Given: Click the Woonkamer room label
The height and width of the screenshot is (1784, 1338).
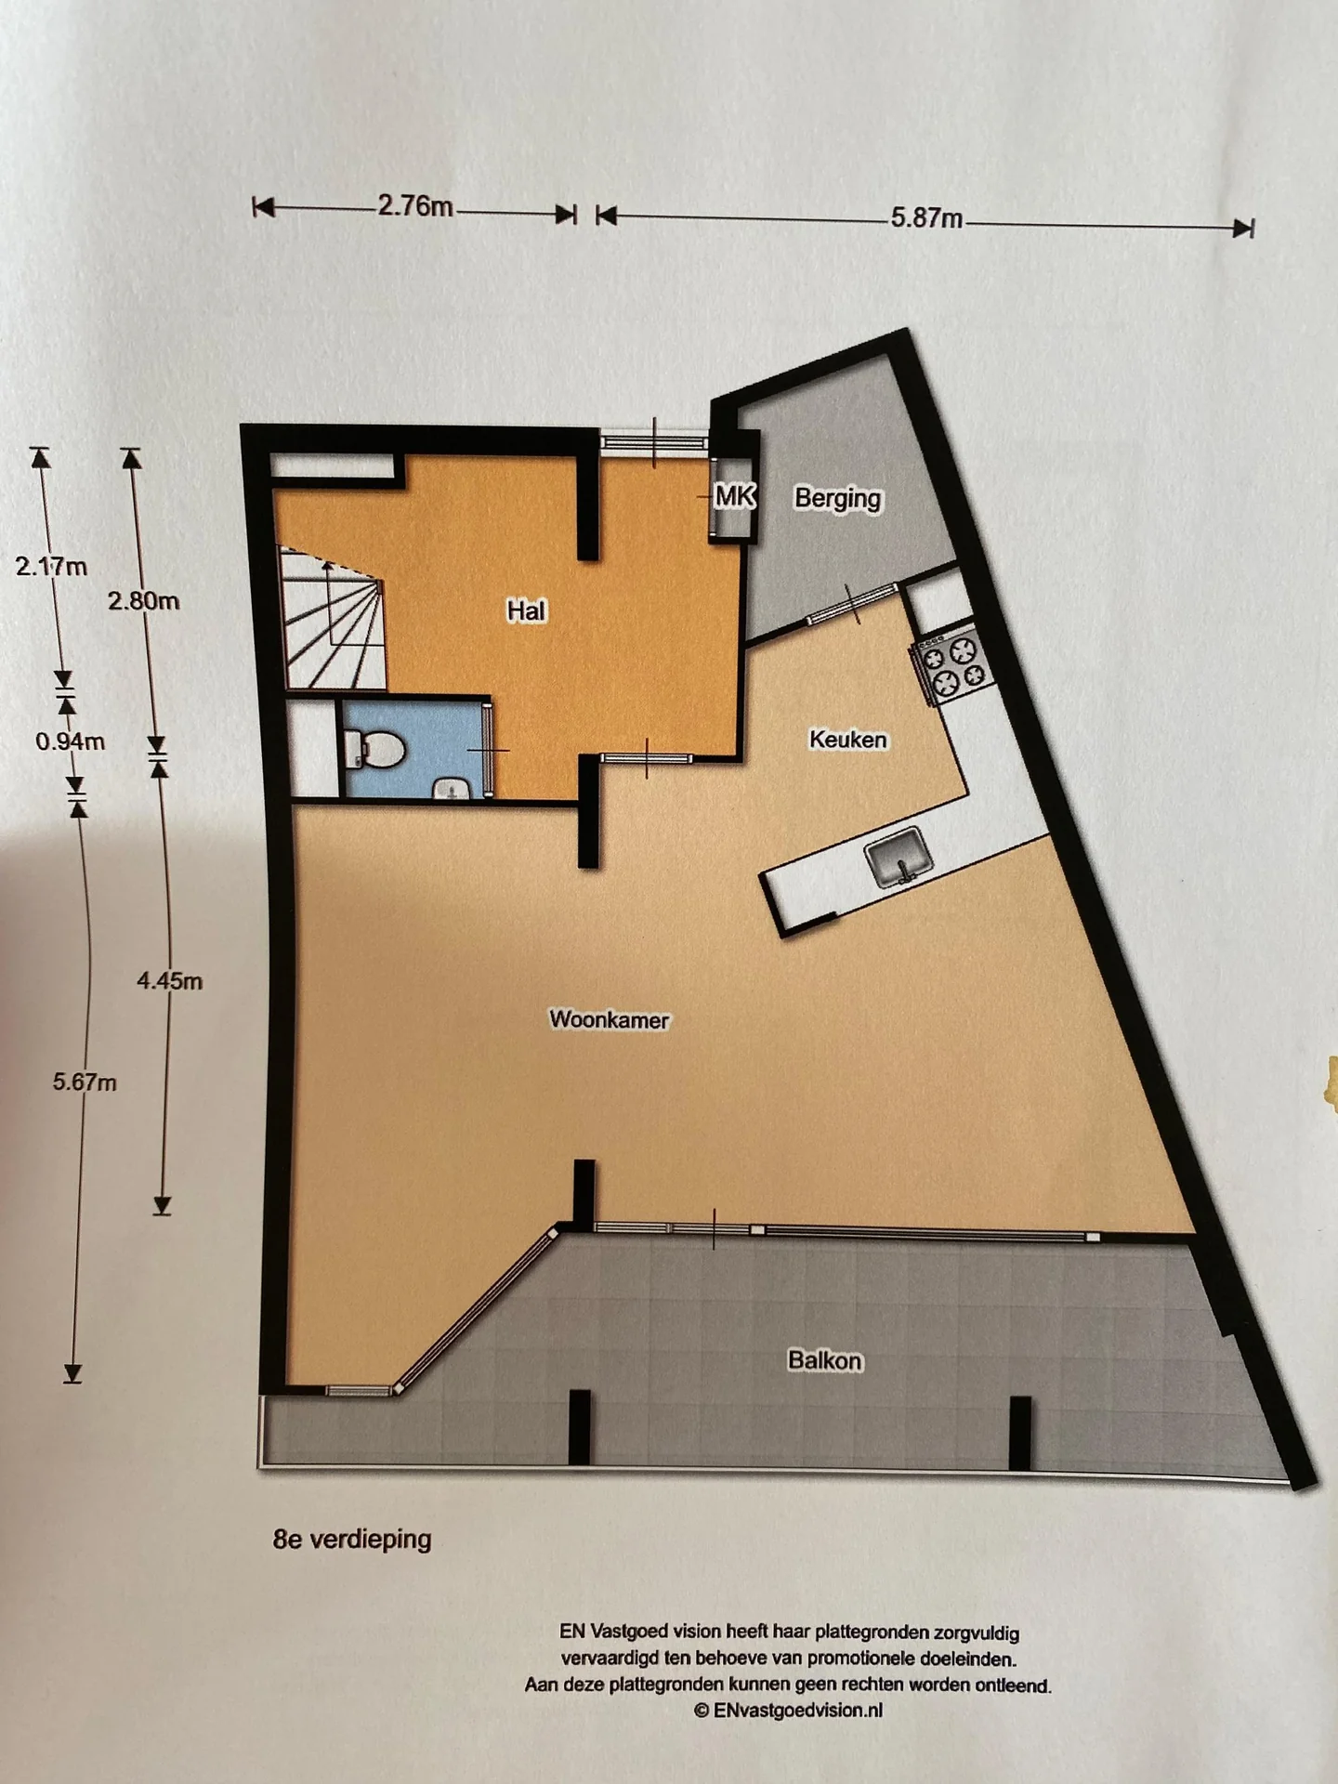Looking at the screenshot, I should pos(609,1019).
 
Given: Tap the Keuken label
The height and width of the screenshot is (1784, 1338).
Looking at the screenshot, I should pos(847,740).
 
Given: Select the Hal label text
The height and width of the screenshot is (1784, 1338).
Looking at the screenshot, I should pos(526,610).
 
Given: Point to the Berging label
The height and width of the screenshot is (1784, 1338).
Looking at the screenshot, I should pos(837,498).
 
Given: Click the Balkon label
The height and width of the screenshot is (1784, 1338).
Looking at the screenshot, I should pos(824,1360).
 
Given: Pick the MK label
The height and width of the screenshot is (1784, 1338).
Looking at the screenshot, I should pos(734,496).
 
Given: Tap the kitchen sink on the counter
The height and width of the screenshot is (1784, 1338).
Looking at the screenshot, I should pos(898,856).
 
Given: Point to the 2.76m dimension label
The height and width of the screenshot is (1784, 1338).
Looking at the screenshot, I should pos(414,205).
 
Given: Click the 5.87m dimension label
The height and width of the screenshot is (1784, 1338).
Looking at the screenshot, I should pos(926,218).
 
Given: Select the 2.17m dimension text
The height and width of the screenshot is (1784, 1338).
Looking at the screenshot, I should pos(51,566).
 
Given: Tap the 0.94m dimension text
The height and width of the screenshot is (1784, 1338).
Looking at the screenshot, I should pos(70,741).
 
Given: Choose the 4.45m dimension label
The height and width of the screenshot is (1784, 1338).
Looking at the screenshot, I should pos(169,980).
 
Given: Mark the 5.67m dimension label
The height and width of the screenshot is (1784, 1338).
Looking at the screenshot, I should pos(85,1082).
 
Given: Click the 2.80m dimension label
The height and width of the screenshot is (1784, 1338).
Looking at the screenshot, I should pos(143,601).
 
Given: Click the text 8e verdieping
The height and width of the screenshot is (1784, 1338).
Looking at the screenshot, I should pos(352,1540).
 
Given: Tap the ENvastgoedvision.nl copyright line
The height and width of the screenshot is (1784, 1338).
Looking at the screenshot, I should pos(788,1710).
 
